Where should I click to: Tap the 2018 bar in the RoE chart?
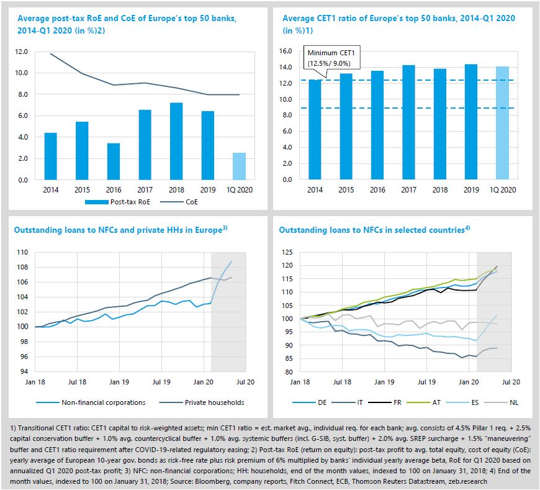[176, 141]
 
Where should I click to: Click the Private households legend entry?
[205, 402]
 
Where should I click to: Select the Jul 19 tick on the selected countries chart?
[426, 384]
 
